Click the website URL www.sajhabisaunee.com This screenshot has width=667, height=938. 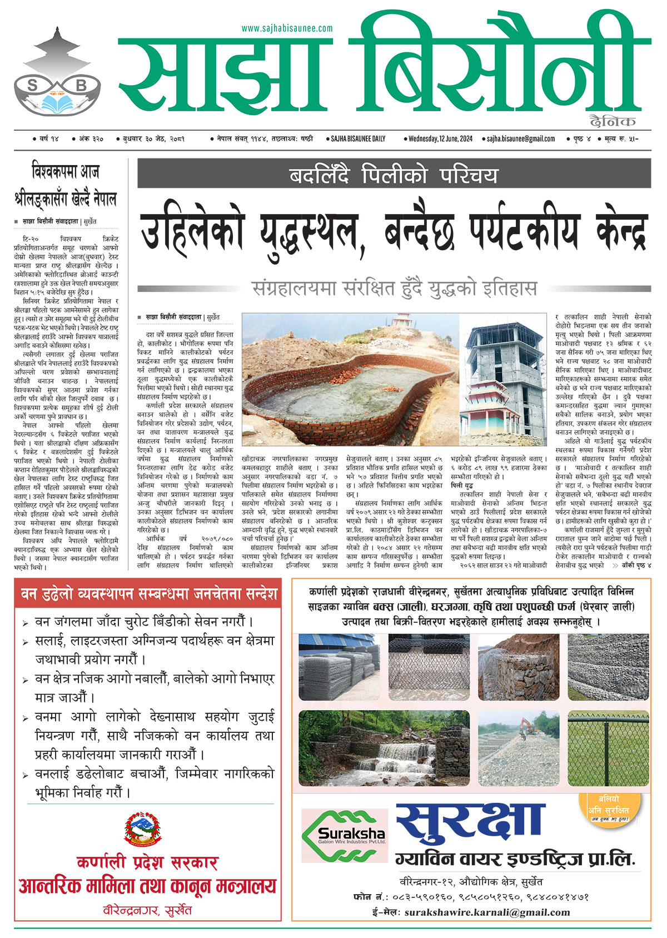(x=287, y=28)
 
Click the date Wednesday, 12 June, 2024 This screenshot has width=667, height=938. (x=440, y=138)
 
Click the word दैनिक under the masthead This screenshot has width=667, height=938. (x=613, y=122)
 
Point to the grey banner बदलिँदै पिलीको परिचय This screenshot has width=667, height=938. (x=394, y=175)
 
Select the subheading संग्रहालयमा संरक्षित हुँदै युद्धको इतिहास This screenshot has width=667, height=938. (x=394, y=289)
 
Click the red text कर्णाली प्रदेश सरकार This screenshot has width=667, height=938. (x=147, y=862)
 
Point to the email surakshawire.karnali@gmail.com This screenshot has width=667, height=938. (x=487, y=912)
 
